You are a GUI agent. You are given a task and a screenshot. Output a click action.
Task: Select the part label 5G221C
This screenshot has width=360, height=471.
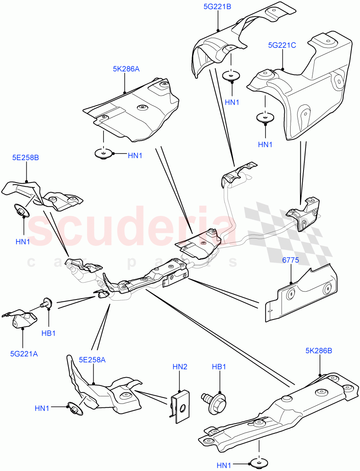point(282,45)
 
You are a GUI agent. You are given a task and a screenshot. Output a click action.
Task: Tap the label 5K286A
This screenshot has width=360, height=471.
point(126,69)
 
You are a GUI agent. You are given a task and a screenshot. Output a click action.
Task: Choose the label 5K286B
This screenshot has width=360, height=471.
point(318,351)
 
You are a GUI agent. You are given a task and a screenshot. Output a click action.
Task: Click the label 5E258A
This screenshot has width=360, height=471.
point(92,359)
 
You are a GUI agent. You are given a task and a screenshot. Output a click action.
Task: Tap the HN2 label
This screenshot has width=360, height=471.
point(180,367)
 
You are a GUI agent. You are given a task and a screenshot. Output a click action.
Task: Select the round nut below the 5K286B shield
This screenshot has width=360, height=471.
point(258,462)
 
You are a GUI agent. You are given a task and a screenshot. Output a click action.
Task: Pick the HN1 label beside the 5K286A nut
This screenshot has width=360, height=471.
point(135,156)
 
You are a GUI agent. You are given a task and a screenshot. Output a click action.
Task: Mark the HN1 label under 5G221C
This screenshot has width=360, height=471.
point(265,144)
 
